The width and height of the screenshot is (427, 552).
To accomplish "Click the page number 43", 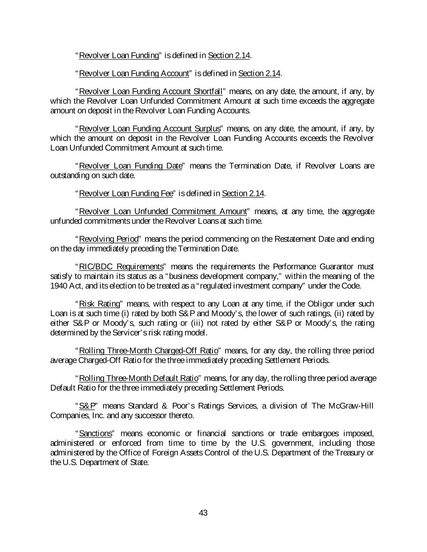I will (203, 513).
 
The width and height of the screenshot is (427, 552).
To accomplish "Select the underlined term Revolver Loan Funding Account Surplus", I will (150, 129).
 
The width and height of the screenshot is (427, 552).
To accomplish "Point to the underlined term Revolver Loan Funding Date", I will (131, 166).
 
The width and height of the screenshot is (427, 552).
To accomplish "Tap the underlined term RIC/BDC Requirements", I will (121, 266).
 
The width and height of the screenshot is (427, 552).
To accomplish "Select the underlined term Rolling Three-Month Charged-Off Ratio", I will (149, 351).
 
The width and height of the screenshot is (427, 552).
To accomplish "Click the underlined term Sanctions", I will (96, 434).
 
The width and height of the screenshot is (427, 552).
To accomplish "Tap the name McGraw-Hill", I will (353, 406).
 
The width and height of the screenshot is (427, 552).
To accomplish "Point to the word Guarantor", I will (339, 266).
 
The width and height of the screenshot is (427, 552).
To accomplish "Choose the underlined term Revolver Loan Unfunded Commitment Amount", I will (163, 211).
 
